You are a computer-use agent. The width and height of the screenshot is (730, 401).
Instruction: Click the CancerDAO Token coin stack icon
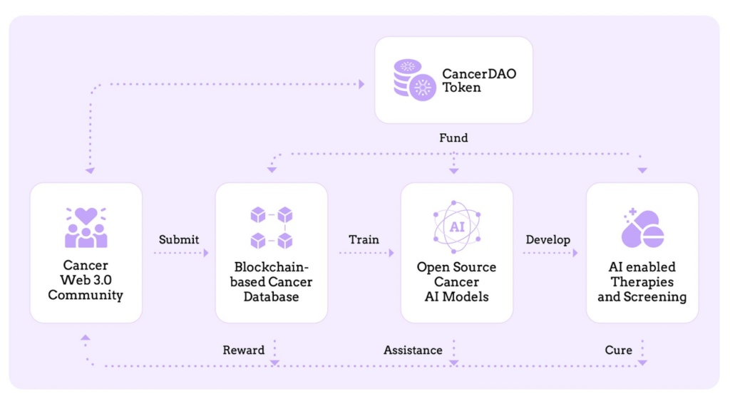pos(415,80)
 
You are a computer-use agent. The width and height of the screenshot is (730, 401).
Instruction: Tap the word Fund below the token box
pos(453,137)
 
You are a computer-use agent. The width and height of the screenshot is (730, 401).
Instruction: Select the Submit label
pos(179,239)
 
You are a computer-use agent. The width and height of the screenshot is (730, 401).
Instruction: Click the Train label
pos(364,239)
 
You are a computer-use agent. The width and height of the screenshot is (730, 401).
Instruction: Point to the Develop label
pos(548,239)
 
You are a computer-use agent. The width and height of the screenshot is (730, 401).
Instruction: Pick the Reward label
pos(244,350)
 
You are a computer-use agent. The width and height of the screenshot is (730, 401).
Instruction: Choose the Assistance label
pos(413,350)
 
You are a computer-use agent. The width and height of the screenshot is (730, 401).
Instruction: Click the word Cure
pos(618,350)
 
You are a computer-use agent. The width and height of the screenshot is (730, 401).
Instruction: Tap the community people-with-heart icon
pos(86,227)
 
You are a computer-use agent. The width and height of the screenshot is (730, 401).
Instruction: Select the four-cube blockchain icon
pos(272,228)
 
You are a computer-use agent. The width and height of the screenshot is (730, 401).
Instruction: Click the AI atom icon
pos(457,226)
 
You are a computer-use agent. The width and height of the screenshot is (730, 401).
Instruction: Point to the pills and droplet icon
pos(642,228)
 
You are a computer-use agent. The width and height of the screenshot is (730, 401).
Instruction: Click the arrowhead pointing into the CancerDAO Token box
pos(361,84)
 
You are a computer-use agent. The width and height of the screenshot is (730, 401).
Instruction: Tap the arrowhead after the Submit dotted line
pos(206,253)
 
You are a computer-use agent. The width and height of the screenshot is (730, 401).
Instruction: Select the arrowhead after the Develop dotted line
pos(575,253)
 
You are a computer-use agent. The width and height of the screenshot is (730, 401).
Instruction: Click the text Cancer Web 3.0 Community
pos(86,280)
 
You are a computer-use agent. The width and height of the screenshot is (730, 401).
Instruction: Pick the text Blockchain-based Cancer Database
pos(272,282)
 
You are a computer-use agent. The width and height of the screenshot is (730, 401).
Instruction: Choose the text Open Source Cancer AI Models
pos(457,282)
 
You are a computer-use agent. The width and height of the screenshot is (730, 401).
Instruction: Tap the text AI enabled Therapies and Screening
pos(642,282)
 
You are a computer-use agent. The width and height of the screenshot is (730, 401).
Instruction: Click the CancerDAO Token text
pos(479,80)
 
